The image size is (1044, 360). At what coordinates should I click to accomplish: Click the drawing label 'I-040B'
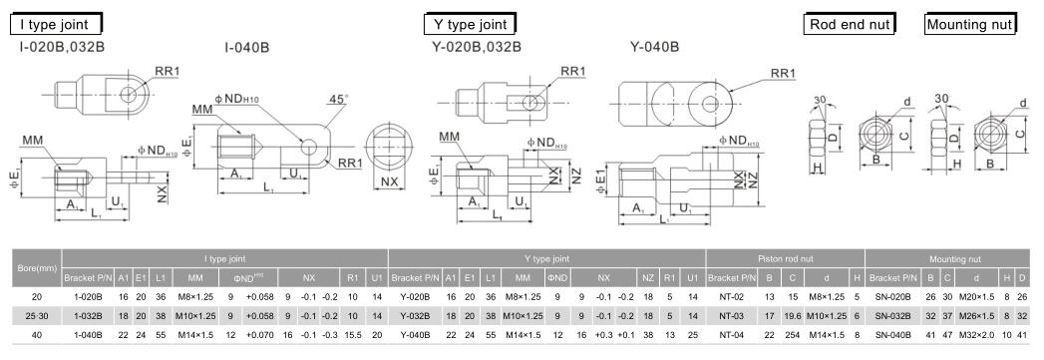click(247, 47)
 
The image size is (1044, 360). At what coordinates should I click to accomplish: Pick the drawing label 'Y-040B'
click(654, 47)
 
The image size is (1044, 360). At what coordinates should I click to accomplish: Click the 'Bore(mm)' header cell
click(32, 269)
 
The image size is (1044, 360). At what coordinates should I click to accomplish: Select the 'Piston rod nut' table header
click(785, 258)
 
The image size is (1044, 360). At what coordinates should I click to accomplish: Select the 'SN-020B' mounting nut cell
click(892, 297)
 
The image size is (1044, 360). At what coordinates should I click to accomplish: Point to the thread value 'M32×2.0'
click(976, 333)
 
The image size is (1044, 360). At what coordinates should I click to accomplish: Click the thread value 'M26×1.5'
click(976, 315)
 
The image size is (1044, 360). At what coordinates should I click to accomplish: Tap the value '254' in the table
click(794, 333)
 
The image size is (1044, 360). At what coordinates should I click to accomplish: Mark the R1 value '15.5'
click(350, 333)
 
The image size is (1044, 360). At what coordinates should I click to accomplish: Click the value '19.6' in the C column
click(794, 315)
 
